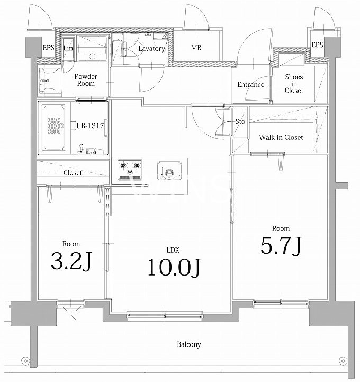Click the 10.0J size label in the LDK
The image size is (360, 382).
pyautogui.click(x=174, y=268)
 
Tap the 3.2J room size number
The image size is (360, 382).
pyautogui.click(x=71, y=261)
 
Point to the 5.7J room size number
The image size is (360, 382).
pyautogui.click(x=281, y=246)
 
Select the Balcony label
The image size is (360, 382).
pyautogui.click(x=189, y=344)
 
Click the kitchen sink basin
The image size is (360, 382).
pyautogui.click(x=169, y=170)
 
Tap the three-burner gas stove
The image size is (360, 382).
pyautogui.click(x=130, y=170)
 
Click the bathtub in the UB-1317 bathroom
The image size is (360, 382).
pyautogui.click(x=53, y=128)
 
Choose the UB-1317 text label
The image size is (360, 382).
pyautogui.click(x=91, y=126)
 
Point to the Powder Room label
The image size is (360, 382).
pyautogui.click(x=86, y=80)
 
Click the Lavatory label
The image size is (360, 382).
pyautogui.click(x=151, y=49)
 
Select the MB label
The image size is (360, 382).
pyautogui.click(x=196, y=48)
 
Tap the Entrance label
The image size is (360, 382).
pyautogui.click(x=251, y=85)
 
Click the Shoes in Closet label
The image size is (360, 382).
pyautogui.click(x=294, y=84)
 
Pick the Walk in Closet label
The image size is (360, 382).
pyautogui.click(x=281, y=137)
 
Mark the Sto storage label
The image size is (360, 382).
pyautogui.click(x=240, y=121)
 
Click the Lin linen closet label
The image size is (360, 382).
pyautogui.click(x=68, y=48)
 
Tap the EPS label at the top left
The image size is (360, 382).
pyautogui.click(x=48, y=48)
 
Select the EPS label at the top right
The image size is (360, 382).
pyautogui.click(x=318, y=45)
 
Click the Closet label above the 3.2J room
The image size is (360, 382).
pyautogui.click(x=73, y=173)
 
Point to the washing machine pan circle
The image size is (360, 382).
pyautogui.click(x=92, y=57)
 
